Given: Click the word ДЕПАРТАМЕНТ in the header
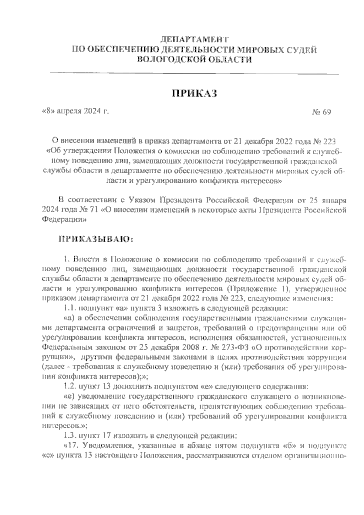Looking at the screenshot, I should tap(194, 39).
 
